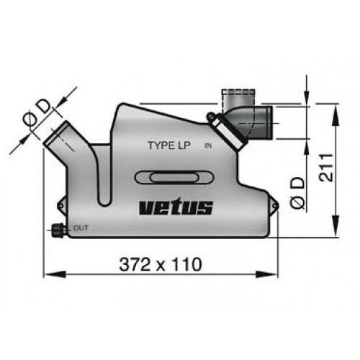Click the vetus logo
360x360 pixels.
coord(176,208)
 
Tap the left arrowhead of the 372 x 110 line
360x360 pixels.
coord(48,273)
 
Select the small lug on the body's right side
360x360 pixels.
coord(273,206)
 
